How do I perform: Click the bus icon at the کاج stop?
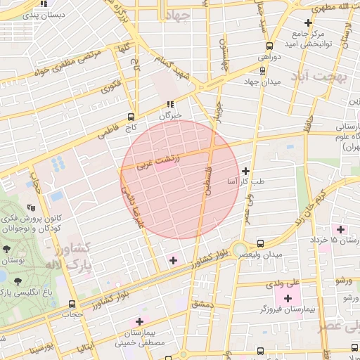point(131,117)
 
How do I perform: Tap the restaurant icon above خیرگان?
point(169,104)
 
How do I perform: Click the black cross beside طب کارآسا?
point(245,171)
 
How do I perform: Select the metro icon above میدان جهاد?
point(262,70)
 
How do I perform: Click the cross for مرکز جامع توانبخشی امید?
point(307,23)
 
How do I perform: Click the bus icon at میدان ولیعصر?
point(261,243)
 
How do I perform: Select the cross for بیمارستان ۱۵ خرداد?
point(341,229)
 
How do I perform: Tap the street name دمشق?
point(202,304)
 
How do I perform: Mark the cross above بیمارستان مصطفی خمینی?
point(139,321)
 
